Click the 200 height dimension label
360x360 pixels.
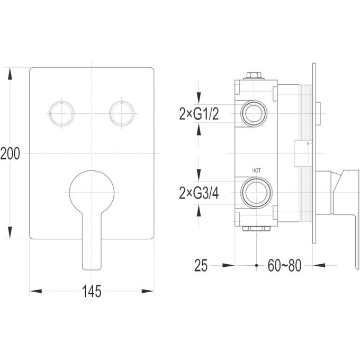click(x=10, y=154)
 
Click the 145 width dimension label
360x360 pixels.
click(x=92, y=291)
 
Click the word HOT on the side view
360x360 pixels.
click(x=257, y=170)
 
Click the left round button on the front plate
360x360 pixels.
click(x=61, y=112)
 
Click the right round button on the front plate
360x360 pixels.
click(x=122, y=112)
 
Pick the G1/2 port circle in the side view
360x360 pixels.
click(x=255, y=113)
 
